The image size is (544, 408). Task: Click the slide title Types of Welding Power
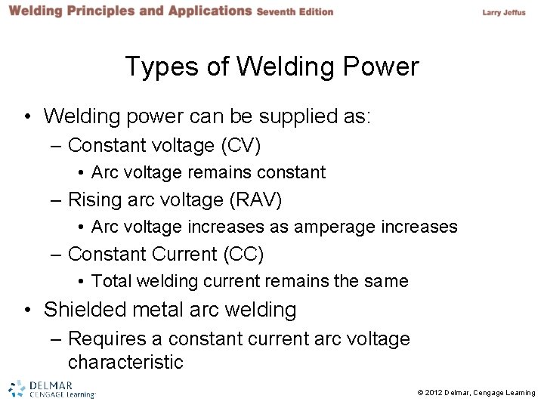(x=271, y=67)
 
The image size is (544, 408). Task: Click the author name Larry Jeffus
(x=503, y=12)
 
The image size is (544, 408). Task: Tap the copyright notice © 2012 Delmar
(x=476, y=393)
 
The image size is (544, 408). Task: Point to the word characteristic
(x=125, y=362)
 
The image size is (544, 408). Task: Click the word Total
(x=110, y=282)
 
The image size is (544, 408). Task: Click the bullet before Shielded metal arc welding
(x=28, y=310)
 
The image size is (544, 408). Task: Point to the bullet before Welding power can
(x=28, y=116)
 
